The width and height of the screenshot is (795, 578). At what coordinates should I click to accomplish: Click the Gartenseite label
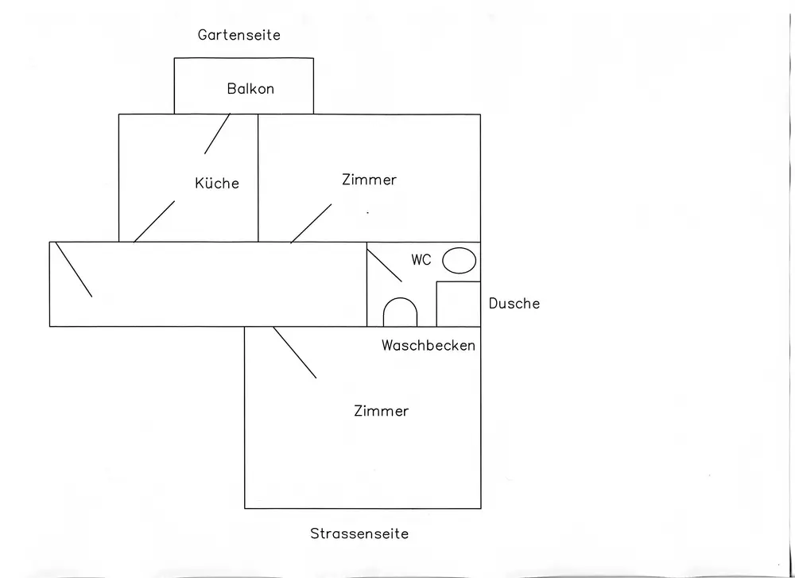(x=238, y=35)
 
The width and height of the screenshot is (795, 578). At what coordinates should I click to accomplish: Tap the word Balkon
(x=250, y=89)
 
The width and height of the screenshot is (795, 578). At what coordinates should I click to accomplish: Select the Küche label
(x=217, y=183)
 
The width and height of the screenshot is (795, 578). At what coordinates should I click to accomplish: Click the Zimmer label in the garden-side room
(x=369, y=180)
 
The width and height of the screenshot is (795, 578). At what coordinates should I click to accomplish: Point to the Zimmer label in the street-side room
(x=382, y=411)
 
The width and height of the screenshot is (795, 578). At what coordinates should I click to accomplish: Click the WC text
(x=421, y=260)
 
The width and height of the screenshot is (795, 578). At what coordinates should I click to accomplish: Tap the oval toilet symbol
(x=460, y=261)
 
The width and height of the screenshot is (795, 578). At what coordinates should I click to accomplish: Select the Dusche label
(x=514, y=303)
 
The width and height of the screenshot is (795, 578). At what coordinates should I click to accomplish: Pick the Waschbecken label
(x=429, y=345)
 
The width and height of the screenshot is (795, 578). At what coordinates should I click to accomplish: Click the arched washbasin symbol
(x=400, y=299)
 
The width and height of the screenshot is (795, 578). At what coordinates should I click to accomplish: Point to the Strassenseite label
(x=359, y=533)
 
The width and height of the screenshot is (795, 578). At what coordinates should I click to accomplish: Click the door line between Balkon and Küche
(x=217, y=134)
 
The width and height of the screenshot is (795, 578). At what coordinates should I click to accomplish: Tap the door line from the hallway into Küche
(x=154, y=222)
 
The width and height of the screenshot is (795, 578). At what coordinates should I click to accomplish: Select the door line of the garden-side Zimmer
(x=311, y=223)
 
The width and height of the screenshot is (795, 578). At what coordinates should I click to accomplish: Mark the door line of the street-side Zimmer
(x=295, y=352)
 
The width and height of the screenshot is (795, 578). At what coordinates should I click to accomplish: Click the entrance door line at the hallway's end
(x=73, y=270)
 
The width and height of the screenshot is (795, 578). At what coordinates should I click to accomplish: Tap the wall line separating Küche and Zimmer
(x=258, y=178)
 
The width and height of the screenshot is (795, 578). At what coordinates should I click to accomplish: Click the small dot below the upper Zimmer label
(x=367, y=213)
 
